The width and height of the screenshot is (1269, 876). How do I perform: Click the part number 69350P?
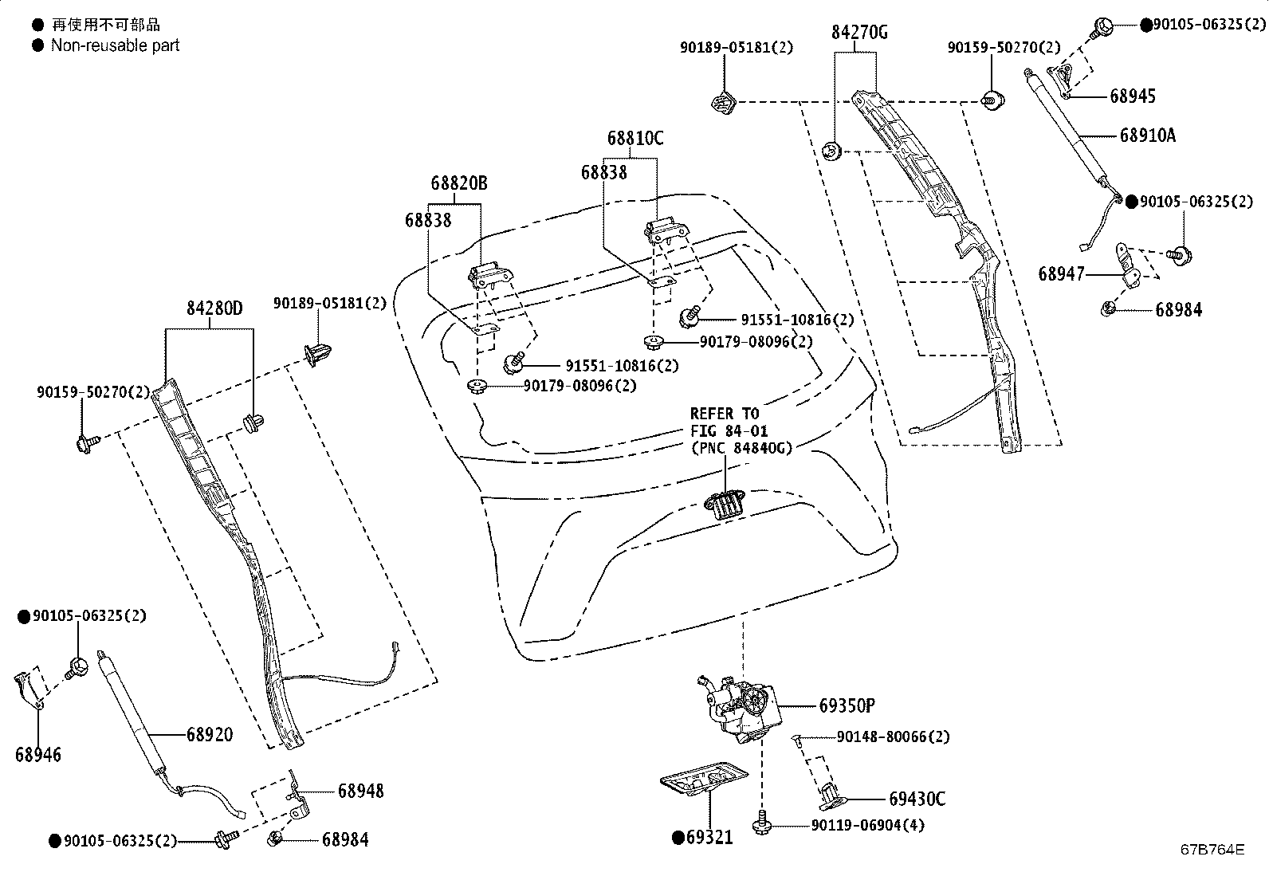pos(847,706)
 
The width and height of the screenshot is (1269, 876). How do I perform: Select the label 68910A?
pos(1148,136)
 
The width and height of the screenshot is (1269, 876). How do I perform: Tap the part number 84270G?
pos(859,33)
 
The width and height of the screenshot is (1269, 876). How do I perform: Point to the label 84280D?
pos(214,308)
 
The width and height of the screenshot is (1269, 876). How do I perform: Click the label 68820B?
pos(459,183)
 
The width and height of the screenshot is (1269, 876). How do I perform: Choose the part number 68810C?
pos(635,138)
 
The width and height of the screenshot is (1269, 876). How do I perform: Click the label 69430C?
pos(917,799)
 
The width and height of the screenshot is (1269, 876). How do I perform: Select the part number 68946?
pos(38,755)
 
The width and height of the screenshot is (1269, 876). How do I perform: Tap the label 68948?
pos(361,791)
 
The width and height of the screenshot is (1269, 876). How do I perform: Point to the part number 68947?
pos(1061,274)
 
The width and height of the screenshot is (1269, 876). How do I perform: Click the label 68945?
pos(1133,96)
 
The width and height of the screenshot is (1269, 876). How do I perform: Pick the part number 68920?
pos(210,734)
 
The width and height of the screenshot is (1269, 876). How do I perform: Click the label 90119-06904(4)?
pos(867,826)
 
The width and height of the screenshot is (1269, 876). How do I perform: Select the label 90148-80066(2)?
pos(893,737)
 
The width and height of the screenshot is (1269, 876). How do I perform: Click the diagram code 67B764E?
pos(1212,850)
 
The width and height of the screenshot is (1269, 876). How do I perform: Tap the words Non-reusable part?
pos(115,45)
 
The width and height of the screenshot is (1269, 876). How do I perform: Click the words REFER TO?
pos(725,414)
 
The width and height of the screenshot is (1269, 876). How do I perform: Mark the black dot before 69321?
pos(678,838)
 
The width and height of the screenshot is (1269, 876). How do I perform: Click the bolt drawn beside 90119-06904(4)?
pos(761,822)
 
